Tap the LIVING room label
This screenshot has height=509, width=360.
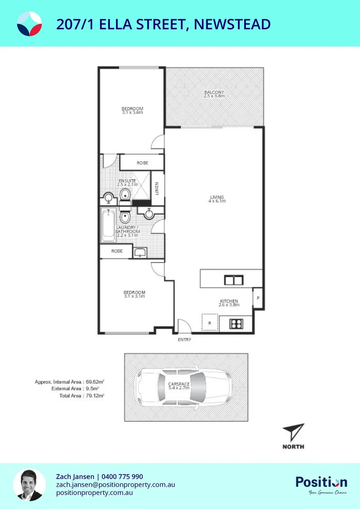pyautogui.click(x=217, y=197)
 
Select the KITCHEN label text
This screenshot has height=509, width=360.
pyautogui.click(x=229, y=301)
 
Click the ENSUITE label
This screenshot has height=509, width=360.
pyautogui.click(x=127, y=181)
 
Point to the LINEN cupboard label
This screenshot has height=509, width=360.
pyautogui.click(x=157, y=189)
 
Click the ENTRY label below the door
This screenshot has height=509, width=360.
pyautogui.click(x=184, y=339)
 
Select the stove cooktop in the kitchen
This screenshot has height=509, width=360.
pyautogui.click(x=235, y=324)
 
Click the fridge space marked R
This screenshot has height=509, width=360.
pyautogui.click(x=209, y=323)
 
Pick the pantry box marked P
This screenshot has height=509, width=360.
pyautogui.click(x=258, y=298)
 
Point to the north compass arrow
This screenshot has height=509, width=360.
pyautogui.click(x=293, y=433)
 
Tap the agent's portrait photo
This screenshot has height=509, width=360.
pyautogui.click(x=29, y=485)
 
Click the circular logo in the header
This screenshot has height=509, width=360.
pyautogui.click(x=29, y=24)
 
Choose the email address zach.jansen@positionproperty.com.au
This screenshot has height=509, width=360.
pyautogui.click(x=115, y=484)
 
